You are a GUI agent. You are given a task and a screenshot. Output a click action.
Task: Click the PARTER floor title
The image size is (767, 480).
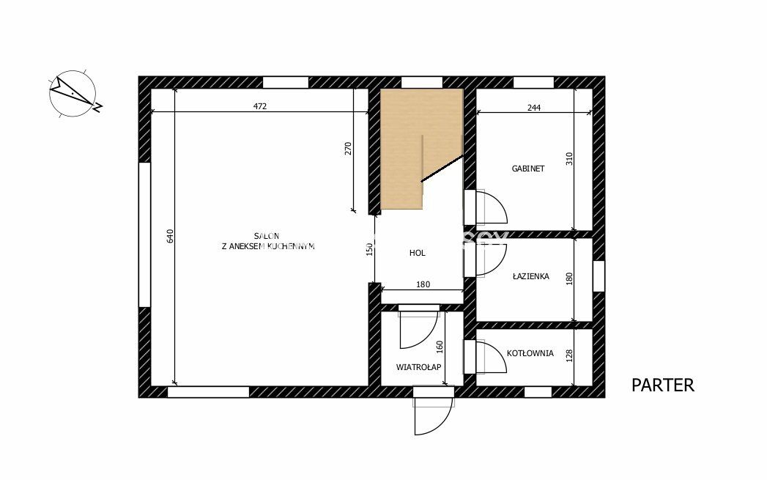663,385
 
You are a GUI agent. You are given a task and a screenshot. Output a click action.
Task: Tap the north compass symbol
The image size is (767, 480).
74,94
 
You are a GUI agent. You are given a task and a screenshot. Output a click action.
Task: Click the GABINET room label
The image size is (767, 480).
527,169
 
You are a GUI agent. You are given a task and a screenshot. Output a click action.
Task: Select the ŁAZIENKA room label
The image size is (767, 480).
530,276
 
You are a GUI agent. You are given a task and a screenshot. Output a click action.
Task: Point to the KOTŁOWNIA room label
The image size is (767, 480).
530,352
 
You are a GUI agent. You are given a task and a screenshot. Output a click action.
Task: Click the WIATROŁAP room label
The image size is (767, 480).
419,367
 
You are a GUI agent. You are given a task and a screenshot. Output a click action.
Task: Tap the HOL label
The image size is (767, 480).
418,253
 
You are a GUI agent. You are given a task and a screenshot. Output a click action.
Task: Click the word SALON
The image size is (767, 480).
267,236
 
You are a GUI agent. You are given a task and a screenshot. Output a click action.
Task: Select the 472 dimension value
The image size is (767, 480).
260,106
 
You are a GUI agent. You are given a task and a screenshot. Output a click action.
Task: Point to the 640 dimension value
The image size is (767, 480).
170,236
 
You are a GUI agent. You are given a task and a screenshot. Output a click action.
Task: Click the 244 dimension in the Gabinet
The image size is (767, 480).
534,108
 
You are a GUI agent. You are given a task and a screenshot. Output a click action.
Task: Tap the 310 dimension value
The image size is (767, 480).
569,158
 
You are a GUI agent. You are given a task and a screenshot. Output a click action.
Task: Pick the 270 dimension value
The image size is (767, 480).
348,149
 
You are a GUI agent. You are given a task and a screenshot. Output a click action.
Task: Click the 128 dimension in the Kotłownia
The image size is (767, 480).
569,355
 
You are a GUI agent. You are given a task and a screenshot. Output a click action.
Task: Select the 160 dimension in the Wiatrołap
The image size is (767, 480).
440,347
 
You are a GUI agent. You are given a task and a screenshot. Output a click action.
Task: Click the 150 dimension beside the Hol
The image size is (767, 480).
370,249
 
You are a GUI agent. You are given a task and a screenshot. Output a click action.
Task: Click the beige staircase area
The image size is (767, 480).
401,147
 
